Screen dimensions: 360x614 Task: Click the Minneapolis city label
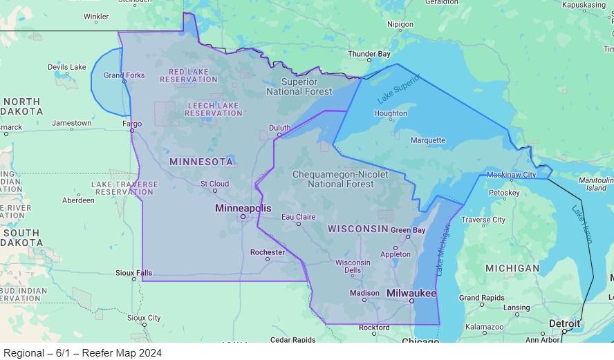[x=243, y=208]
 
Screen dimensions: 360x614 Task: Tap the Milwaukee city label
[x=411, y=293]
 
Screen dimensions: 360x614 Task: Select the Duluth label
[x=280, y=128]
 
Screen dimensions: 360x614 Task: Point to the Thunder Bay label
[x=369, y=54]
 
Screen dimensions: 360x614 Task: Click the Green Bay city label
[x=409, y=230]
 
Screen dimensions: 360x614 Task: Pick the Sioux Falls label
[x=133, y=273]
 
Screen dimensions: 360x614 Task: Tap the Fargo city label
[x=131, y=124]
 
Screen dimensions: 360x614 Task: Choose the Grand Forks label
[x=124, y=75]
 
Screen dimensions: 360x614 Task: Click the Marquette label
[x=428, y=140]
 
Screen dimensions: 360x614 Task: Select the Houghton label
[x=391, y=113]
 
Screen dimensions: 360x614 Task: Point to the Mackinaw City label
[x=511, y=175]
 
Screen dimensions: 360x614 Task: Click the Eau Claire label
[x=299, y=217]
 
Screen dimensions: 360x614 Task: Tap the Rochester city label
[x=268, y=252]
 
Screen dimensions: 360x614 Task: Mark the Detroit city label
[x=564, y=323]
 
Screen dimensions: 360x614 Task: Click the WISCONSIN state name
[x=358, y=229]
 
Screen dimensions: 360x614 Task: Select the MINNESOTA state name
[x=201, y=162]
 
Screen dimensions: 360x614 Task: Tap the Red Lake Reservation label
[x=188, y=75]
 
